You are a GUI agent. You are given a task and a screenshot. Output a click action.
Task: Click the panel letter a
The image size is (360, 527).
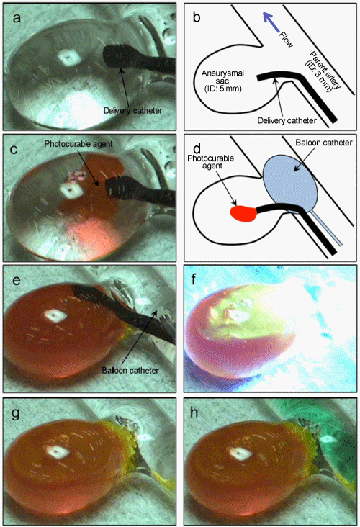(x=17, y=18)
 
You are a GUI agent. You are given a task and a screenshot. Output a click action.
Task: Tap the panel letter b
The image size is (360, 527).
(x=197, y=17)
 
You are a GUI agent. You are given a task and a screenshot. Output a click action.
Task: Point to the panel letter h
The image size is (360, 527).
(x=194, y=413)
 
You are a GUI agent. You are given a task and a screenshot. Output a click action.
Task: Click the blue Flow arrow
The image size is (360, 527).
(x=271, y=22)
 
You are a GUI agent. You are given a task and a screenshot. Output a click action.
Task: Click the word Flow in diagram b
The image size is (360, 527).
(x=287, y=40)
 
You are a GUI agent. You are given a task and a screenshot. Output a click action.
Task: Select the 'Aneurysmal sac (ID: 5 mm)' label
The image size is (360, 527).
(x=223, y=81)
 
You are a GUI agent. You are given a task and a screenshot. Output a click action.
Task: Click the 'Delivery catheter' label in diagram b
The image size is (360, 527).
(x=287, y=120)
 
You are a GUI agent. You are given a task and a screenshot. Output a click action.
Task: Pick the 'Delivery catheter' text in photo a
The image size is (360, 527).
(x=132, y=110)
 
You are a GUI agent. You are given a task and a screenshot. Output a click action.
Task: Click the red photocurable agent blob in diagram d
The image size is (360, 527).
(x=243, y=213)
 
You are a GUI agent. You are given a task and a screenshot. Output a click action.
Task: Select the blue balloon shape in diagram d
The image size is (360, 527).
(x=291, y=185)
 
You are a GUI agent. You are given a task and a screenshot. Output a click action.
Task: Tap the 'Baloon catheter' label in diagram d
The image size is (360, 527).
(x=324, y=143)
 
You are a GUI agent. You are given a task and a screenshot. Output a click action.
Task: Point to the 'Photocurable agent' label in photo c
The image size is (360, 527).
(x=78, y=144)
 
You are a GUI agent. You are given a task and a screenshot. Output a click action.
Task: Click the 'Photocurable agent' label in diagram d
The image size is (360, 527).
(x=210, y=162)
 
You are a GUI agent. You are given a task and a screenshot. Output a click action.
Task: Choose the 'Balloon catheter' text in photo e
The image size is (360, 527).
(x=130, y=370)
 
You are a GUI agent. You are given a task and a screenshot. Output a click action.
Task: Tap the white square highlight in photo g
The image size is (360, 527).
(x=55, y=452)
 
